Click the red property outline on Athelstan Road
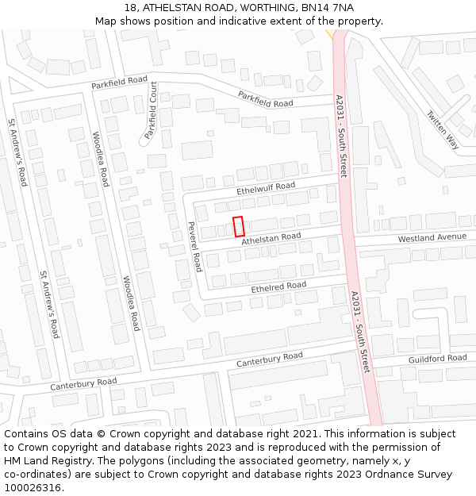click(239, 226)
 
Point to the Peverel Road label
click(194, 245)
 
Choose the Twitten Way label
click(442, 129)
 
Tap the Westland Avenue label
click(432, 237)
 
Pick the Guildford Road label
click(437, 360)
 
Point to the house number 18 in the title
click(131, 7)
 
